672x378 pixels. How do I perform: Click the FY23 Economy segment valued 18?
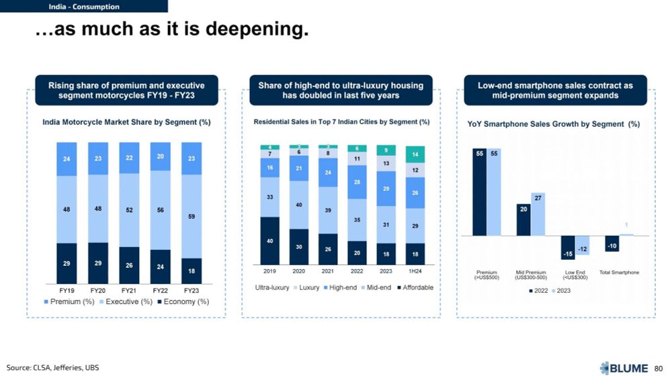(x=192, y=271)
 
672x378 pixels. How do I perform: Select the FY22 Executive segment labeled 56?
(x=161, y=209)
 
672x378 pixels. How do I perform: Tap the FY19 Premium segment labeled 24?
(x=67, y=159)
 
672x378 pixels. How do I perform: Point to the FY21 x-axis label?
(x=129, y=291)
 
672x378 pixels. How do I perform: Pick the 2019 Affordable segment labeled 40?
(x=269, y=240)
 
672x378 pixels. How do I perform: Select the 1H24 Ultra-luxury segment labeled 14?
(x=415, y=154)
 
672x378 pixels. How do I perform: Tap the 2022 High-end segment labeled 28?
(x=357, y=183)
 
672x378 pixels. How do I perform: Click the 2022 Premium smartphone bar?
(x=479, y=192)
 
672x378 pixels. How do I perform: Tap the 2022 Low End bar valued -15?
(x=568, y=246)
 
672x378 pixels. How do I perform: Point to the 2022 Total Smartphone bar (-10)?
(x=612, y=244)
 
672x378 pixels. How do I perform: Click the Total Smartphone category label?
(x=619, y=272)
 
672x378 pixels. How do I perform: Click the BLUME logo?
(x=624, y=367)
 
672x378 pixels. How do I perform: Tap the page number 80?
(x=659, y=368)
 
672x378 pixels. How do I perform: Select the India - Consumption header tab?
(x=84, y=7)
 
